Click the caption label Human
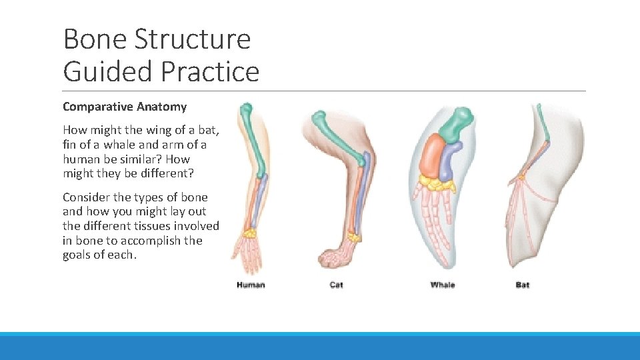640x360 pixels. [x=251, y=285]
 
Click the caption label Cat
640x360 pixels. [x=337, y=285]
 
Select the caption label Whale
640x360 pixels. [x=443, y=285]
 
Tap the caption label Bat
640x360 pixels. [x=523, y=285]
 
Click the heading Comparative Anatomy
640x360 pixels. [x=125, y=107]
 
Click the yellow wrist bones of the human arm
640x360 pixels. [x=250, y=233]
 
